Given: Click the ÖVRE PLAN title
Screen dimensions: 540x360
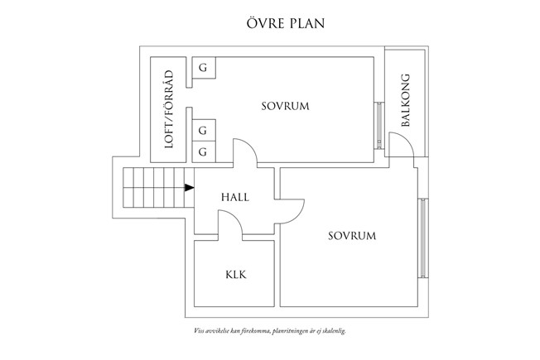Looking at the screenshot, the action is [286, 22].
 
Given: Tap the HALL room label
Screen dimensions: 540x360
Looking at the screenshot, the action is [235, 197].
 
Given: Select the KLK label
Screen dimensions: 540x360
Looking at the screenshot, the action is [236, 275].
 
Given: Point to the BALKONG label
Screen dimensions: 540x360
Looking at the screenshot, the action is [406, 100].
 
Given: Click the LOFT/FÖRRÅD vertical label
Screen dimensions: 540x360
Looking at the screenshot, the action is [169, 109].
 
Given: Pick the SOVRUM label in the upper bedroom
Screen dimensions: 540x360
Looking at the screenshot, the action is [285, 106].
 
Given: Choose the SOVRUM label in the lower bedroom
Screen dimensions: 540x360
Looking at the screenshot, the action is [352, 236].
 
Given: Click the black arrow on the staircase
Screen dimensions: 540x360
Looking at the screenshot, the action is [189, 188].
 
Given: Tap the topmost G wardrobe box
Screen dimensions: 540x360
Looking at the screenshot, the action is [204, 68].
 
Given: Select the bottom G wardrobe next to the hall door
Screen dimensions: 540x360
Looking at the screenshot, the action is [204, 151].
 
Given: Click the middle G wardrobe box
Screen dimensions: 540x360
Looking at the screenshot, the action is [204, 131].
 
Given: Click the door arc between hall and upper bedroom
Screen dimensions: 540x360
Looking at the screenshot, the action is [251, 146].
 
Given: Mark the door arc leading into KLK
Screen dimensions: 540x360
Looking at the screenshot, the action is [235, 218].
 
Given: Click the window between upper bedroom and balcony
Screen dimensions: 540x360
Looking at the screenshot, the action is [379, 125].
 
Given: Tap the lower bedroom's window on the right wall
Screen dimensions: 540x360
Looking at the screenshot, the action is [423, 238].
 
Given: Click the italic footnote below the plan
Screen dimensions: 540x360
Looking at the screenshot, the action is [270, 331].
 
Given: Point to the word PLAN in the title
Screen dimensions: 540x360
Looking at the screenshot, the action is [307, 23].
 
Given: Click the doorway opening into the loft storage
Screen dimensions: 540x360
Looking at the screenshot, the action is [189, 98].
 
